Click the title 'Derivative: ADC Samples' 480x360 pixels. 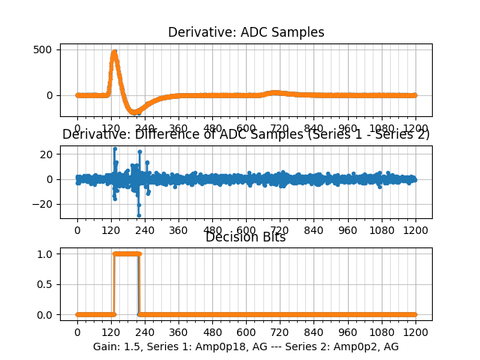pos(245,32)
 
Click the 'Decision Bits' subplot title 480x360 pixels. pos(245,238)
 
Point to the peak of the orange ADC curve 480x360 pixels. pos(114,52)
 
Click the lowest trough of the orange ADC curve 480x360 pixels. pos(136,112)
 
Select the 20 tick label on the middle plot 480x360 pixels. pos(45,154)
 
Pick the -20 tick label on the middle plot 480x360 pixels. pos(42,204)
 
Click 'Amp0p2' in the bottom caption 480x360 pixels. pos(341,346)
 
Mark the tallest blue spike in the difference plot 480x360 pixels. pos(115,148)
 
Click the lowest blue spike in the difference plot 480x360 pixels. pos(139,215)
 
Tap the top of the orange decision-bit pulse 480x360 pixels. pos(126,253)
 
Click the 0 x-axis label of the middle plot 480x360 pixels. pos(76,229)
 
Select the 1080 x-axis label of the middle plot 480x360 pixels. pos(382,229)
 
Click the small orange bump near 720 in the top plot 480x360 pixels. pos(275,93)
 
